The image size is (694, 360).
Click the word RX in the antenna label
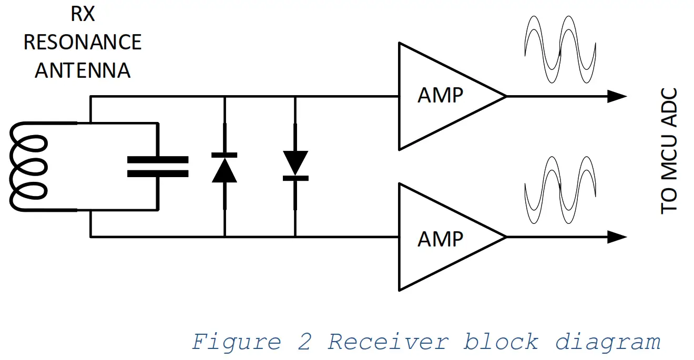pos(83,14)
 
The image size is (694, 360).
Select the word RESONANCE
pos(83,42)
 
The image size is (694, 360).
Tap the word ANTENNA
pos(83,70)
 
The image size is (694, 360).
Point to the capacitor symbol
pos(157,167)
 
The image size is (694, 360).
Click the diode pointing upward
pos(224,167)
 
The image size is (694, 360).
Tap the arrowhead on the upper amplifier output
pos(617,96)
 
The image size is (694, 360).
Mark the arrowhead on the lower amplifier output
pos(617,237)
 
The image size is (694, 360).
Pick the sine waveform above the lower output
pos(560,190)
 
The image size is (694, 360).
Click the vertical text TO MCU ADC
pos(669,151)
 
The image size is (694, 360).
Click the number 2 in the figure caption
pos(304,342)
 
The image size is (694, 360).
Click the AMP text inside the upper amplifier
pos(441,96)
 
